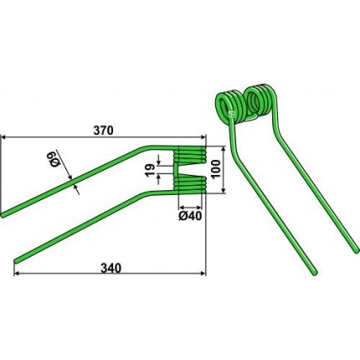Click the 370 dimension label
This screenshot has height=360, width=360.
[104, 131]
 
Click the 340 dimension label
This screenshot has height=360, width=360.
[111, 268]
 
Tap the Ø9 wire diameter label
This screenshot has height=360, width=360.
[55, 159]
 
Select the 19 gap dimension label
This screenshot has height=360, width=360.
[150, 169]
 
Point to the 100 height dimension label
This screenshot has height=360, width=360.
[216, 170]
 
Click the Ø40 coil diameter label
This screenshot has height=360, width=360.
[190, 216]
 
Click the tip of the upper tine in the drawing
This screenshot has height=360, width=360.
[3, 215]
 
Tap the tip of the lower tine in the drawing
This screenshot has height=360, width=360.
[16, 260]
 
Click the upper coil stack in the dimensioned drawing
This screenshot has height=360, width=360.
[190, 154]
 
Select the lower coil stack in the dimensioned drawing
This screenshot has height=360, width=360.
[190, 185]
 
